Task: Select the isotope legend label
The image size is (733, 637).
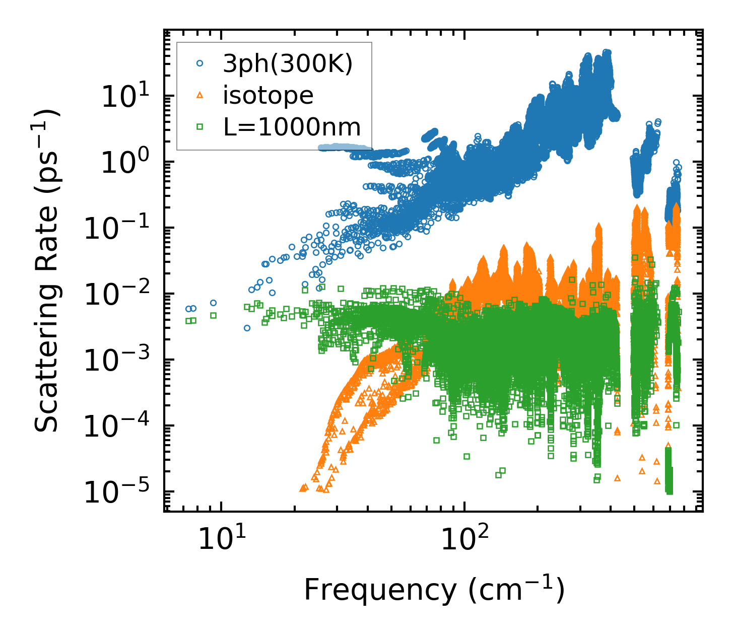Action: point(268,96)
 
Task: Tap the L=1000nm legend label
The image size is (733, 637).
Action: point(292,127)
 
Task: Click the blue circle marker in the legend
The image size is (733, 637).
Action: point(200,64)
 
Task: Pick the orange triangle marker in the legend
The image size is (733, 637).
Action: point(200,96)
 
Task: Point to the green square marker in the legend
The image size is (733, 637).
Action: point(200,127)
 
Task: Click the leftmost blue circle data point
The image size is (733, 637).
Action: point(188,309)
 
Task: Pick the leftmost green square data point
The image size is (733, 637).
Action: point(188,321)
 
